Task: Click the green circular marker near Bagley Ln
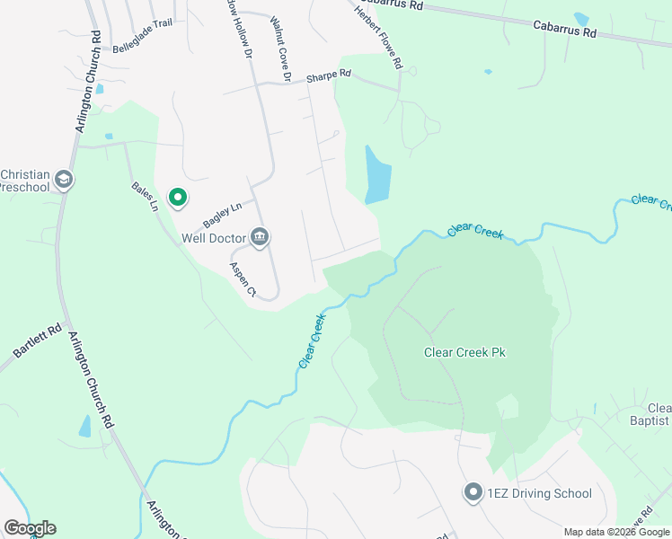[178, 197]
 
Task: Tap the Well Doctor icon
[260, 237]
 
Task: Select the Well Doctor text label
[213, 238]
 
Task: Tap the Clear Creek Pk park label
[464, 352]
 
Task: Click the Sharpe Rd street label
[328, 77]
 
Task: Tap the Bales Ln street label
[145, 196]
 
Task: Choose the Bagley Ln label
[223, 215]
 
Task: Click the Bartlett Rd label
[37, 340]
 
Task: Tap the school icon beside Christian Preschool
[63, 180]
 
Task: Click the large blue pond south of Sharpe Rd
[377, 175]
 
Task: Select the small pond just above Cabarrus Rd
[581, 19]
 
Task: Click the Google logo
[30, 528]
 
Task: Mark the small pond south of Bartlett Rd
[85, 426]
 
